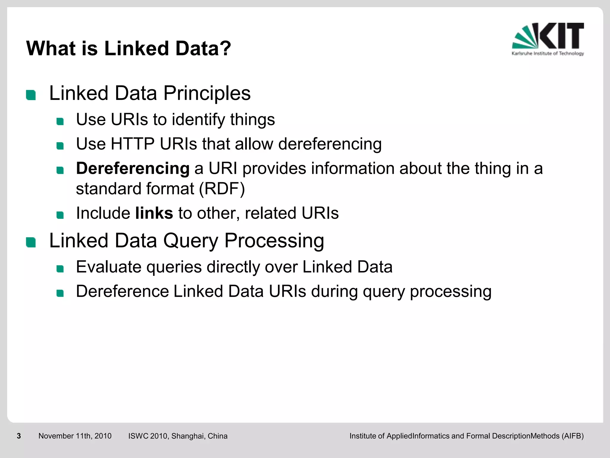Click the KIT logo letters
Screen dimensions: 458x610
pyautogui.click(x=561, y=36)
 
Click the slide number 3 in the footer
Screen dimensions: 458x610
pyautogui.click(x=19, y=436)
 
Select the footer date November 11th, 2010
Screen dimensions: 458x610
pyautogui.click(x=75, y=436)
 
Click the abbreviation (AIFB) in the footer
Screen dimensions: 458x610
pyautogui.click(x=572, y=436)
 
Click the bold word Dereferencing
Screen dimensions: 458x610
pyautogui.click(x=133, y=168)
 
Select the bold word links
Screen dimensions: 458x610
pyautogui.click(x=154, y=213)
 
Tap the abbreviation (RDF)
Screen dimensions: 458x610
pyautogui.click(x=222, y=189)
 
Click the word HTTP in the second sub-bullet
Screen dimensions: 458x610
pyautogui.click(x=133, y=144)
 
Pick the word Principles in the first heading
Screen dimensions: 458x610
pyautogui.click(x=207, y=93)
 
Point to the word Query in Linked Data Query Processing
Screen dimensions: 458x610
pyautogui.click(x=191, y=241)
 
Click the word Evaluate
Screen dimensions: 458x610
pyautogui.click(x=109, y=267)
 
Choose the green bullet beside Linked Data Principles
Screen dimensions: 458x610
pyautogui.click(x=31, y=95)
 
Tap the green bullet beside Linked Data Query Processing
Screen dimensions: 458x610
pyautogui.click(x=31, y=242)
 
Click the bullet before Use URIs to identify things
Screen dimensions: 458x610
pyautogui.click(x=60, y=121)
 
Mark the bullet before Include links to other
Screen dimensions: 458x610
pyautogui.click(x=60, y=215)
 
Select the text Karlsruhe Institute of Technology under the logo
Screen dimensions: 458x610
pyautogui.click(x=547, y=54)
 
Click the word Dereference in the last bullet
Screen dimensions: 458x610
pyautogui.click(x=122, y=291)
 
